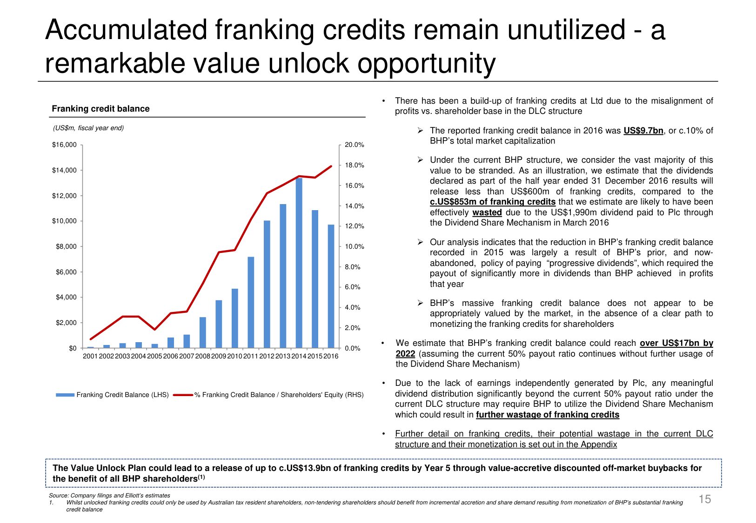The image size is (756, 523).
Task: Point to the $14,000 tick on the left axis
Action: click(64, 170)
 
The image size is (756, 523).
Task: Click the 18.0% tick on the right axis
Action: click(354, 165)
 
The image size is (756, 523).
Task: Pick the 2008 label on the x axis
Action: click(203, 356)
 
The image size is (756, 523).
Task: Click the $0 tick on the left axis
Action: click(73, 348)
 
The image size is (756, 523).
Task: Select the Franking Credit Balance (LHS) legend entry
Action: click(122, 395)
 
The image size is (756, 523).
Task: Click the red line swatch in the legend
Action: click(183, 395)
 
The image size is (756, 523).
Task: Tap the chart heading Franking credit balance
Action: click(100, 109)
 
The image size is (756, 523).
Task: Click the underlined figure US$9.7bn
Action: click(643, 131)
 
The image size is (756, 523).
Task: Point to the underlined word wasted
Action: click(487, 212)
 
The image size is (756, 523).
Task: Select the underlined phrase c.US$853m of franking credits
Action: click(492, 202)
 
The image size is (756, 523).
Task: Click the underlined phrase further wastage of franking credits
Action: click(547, 415)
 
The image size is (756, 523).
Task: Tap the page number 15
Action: click(705, 499)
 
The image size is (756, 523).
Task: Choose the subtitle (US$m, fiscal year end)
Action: click(88, 128)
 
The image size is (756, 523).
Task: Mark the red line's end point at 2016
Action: click(331, 166)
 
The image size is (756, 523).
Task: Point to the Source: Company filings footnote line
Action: click(109, 496)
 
